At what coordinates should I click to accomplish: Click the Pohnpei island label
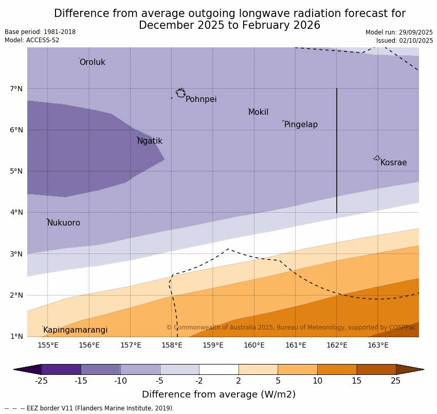tap(201, 99)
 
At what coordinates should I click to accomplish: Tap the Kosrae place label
tap(393, 163)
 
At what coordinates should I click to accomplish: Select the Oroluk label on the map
tap(92, 62)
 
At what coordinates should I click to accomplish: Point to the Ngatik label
tap(150, 141)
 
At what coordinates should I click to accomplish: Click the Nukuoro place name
tap(64, 223)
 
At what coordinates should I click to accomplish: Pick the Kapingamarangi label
tap(75, 330)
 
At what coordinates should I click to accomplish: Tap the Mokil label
tap(258, 112)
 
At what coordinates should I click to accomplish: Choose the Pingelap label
tap(301, 125)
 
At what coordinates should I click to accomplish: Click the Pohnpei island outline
tap(180, 93)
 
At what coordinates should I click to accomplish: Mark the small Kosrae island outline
tap(377, 158)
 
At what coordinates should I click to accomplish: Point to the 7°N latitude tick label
tap(16, 89)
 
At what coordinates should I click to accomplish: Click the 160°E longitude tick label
tap(254, 345)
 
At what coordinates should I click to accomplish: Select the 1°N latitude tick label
tap(16, 336)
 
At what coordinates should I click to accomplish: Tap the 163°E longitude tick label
tap(378, 345)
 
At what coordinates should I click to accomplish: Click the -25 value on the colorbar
tap(41, 381)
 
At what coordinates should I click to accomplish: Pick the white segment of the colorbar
tap(219, 369)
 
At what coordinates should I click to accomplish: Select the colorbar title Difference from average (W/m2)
tap(219, 394)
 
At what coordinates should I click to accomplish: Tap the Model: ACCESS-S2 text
tap(32, 40)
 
